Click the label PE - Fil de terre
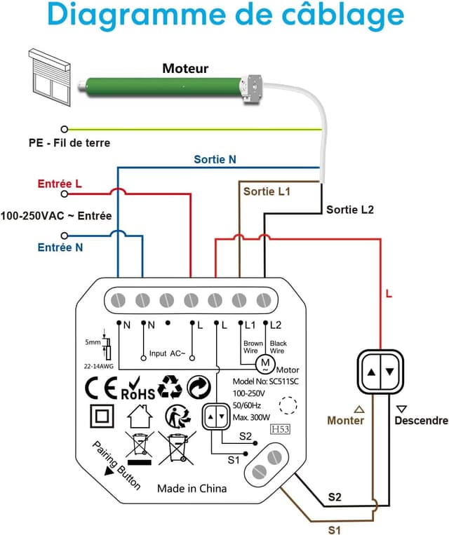point(69,143)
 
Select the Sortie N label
point(215,159)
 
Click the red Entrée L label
point(59,183)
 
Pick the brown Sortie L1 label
point(266,191)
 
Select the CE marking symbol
point(100,387)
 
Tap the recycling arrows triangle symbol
point(170,386)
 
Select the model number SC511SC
point(256,380)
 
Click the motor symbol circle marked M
point(264,363)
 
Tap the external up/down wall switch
point(382,370)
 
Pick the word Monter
point(346,421)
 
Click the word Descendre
point(420,421)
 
